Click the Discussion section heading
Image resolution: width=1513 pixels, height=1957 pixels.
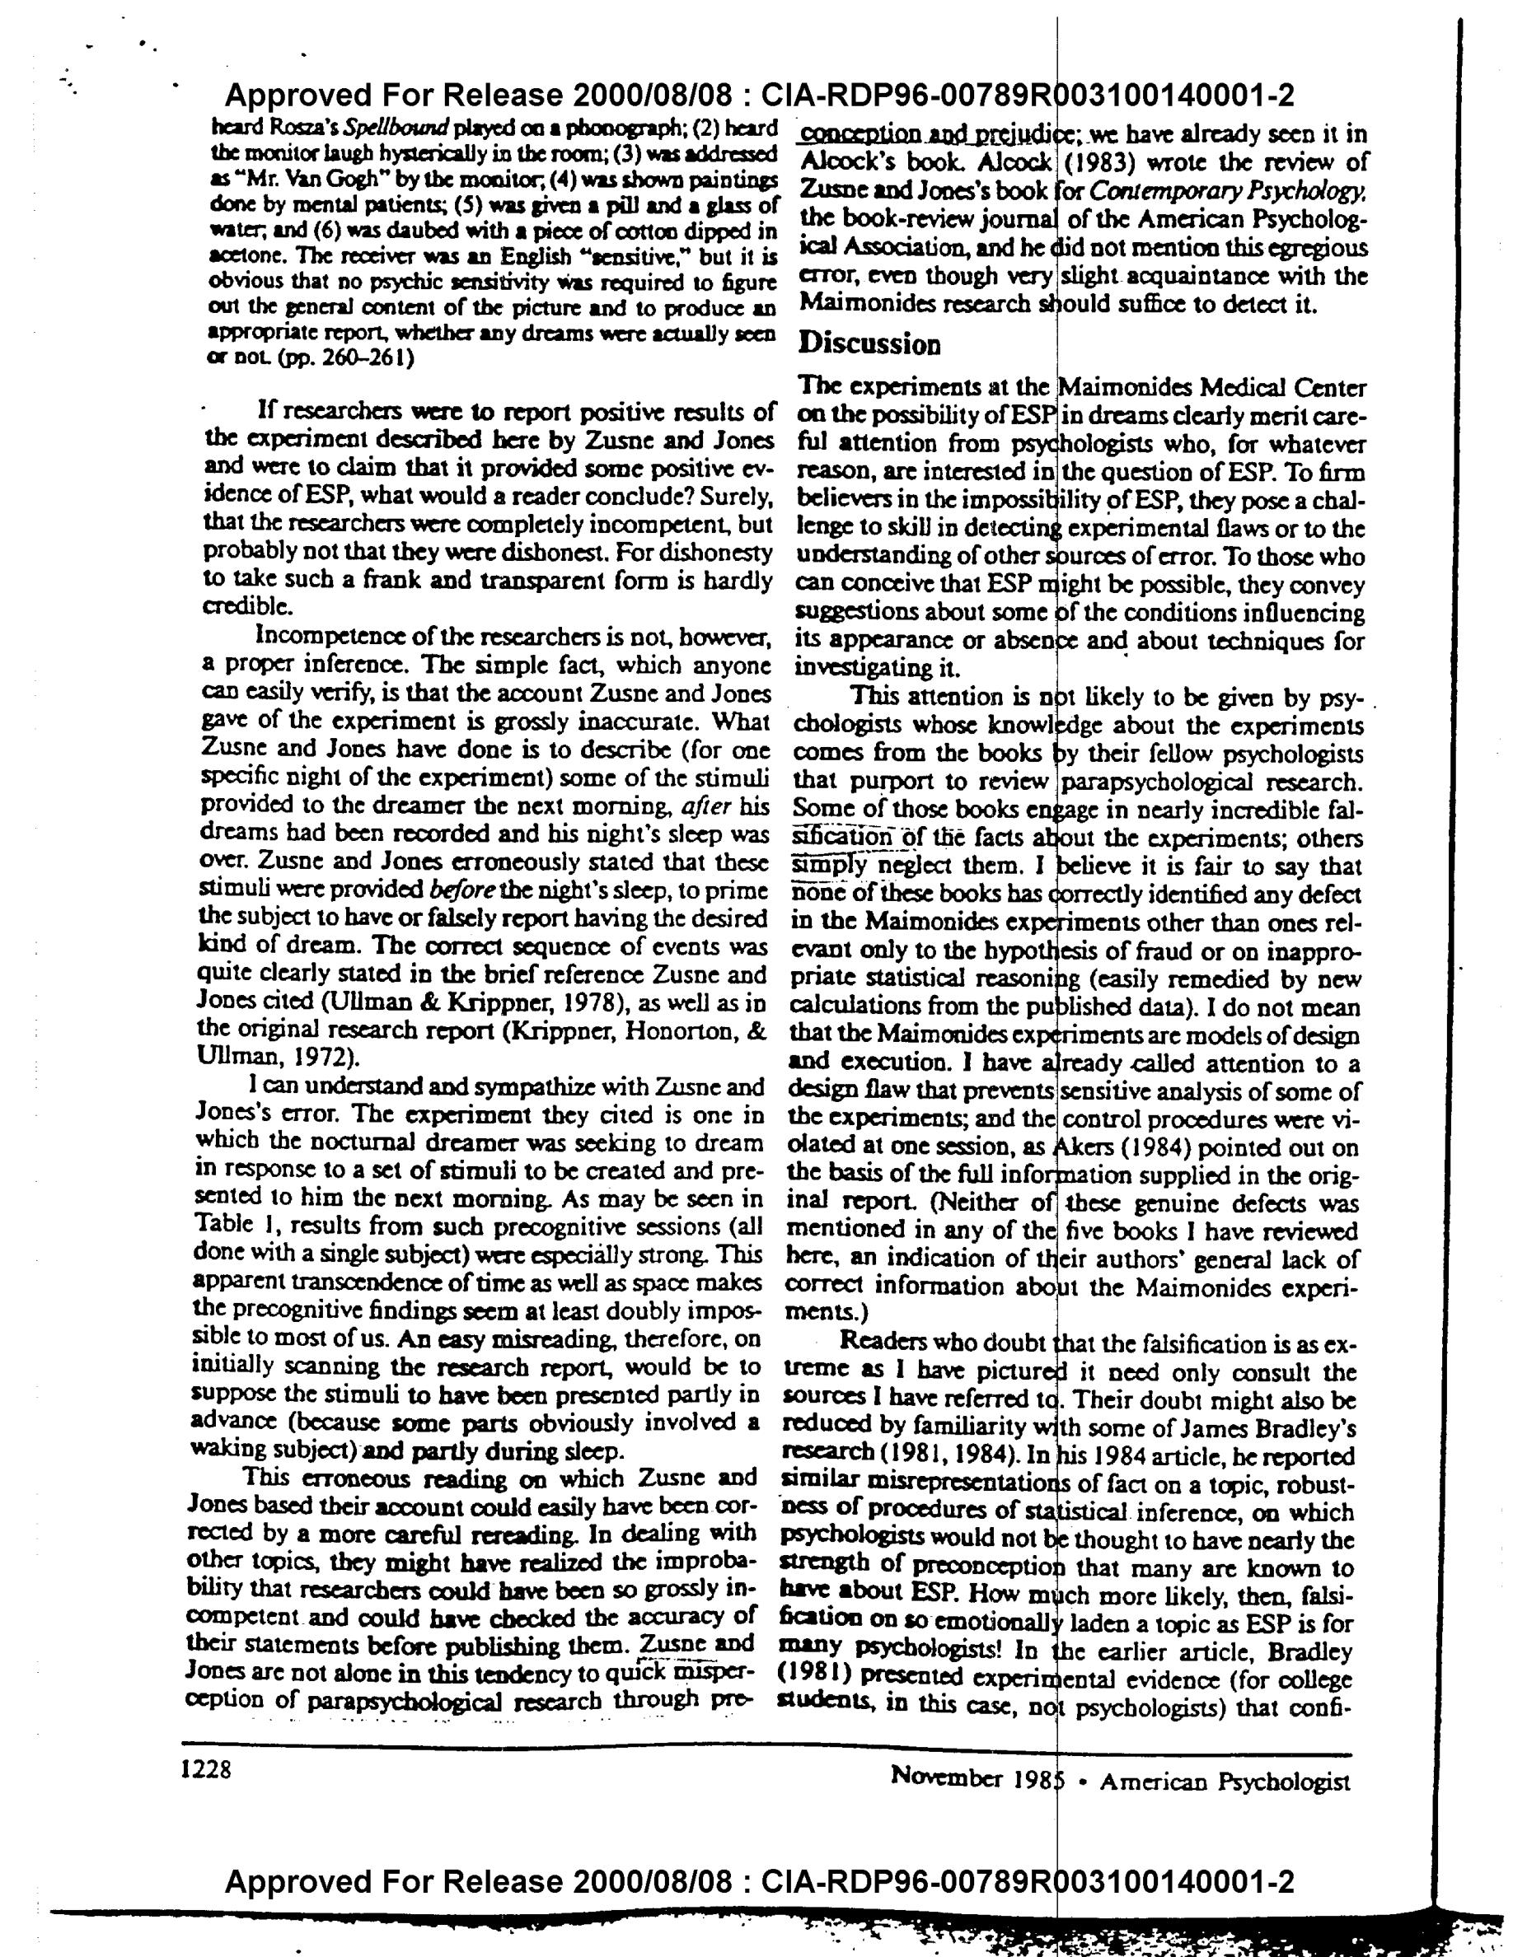point(869,343)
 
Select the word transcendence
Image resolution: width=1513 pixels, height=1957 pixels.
point(341,1282)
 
